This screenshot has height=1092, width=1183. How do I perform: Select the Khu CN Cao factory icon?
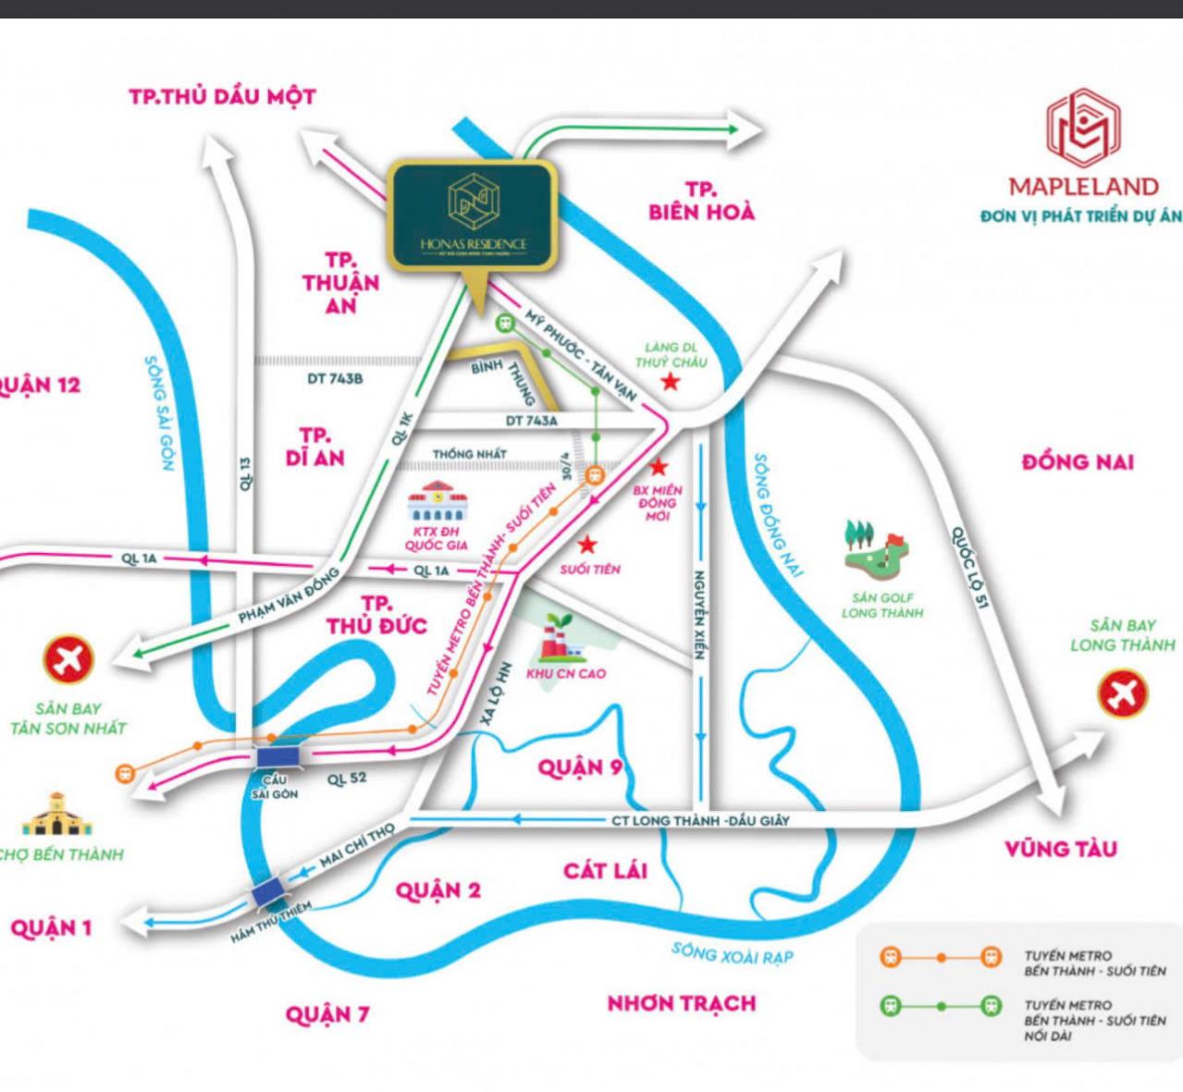click(x=560, y=638)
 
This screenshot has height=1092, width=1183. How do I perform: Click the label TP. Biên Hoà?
click(x=701, y=201)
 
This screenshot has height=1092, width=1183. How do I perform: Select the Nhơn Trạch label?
click(x=682, y=1003)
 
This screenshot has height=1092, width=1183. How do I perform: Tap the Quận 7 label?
click(x=327, y=1014)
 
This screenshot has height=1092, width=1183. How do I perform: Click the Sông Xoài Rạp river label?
click(x=732, y=952)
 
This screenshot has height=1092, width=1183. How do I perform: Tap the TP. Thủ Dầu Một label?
click(x=222, y=96)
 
